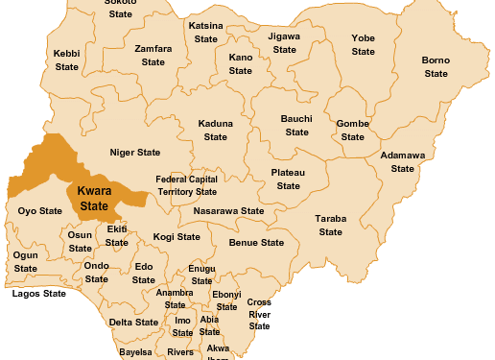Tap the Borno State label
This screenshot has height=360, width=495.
[x=436, y=67]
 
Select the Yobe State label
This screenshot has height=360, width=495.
[x=363, y=45]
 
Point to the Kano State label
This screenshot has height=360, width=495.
[x=241, y=64]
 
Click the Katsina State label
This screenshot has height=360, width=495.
[x=205, y=32]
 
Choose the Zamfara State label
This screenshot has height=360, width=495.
[x=153, y=55]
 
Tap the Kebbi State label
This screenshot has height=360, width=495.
[x=67, y=60]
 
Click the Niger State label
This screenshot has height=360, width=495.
[x=135, y=153]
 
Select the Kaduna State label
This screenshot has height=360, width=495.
[x=216, y=131]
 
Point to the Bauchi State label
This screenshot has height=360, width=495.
[x=296, y=125]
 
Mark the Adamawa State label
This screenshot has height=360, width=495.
[x=403, y=161]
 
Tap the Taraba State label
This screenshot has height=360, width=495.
[x=331, y=226]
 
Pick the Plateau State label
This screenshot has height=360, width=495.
[x=289, y=179]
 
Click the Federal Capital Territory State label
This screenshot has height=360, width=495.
[x=187, y=185]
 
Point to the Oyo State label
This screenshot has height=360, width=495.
[x=40, y=211]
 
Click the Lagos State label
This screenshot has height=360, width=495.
[x=39, y=294]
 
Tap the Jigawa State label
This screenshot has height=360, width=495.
[x=285, y=42]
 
